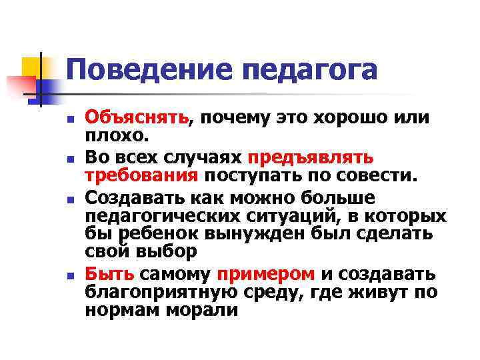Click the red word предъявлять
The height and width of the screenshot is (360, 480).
click(x=310, y=159)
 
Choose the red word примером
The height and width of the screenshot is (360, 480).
click(x=265, y=275)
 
